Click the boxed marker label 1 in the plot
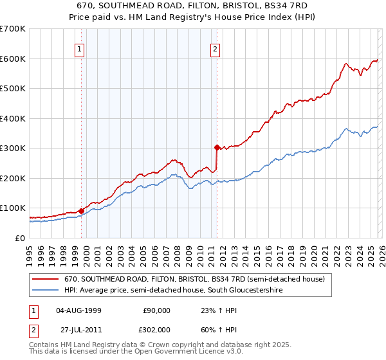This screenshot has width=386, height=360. tap(80, 48)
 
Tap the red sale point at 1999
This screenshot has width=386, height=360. tap(81, 211)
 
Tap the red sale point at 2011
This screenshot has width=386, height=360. tap(217, 147)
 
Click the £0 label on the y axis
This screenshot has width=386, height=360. tap(20, 238)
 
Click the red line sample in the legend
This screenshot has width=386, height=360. tap(45, 280)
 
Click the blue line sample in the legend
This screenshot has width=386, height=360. tap(45, 291)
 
